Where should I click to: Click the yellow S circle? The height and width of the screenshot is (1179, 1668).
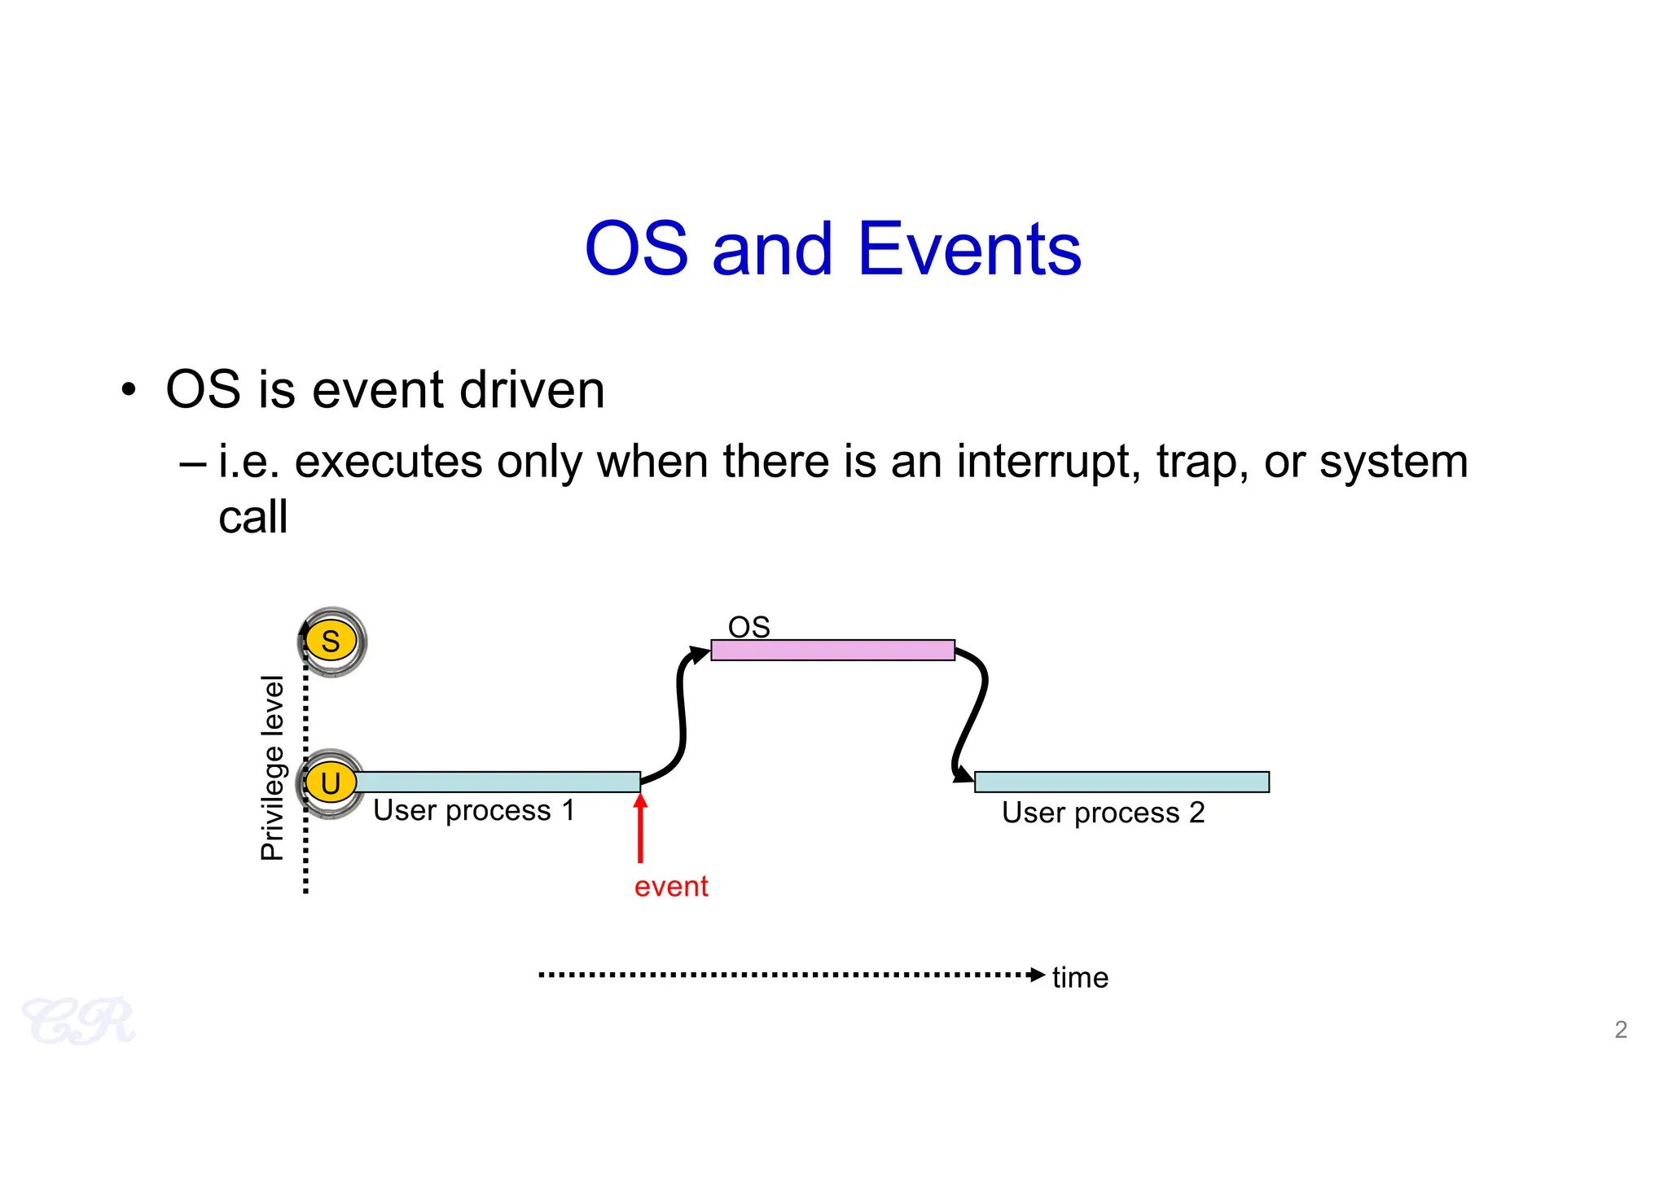331,642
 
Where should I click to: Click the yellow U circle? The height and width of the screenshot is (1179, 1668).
331,783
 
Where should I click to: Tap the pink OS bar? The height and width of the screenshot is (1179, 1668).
832,650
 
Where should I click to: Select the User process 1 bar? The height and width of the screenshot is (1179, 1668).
497,782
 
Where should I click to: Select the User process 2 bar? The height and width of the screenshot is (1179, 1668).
1122,782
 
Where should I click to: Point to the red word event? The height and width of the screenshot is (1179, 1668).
671,886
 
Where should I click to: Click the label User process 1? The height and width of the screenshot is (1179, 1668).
474,810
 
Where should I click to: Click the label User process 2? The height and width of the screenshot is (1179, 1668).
1103,813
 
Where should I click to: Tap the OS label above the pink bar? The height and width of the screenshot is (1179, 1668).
748,627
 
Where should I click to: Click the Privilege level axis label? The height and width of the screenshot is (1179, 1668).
273,767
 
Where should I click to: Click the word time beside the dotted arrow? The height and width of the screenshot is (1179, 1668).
1080,977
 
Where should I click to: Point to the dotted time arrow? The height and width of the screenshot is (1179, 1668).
790,975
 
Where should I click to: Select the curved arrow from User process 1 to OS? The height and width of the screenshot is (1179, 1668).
682,717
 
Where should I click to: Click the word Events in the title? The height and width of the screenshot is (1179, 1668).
969,249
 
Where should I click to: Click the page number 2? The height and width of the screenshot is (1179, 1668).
1621,1029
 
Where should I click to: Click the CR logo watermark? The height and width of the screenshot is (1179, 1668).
79,1021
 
